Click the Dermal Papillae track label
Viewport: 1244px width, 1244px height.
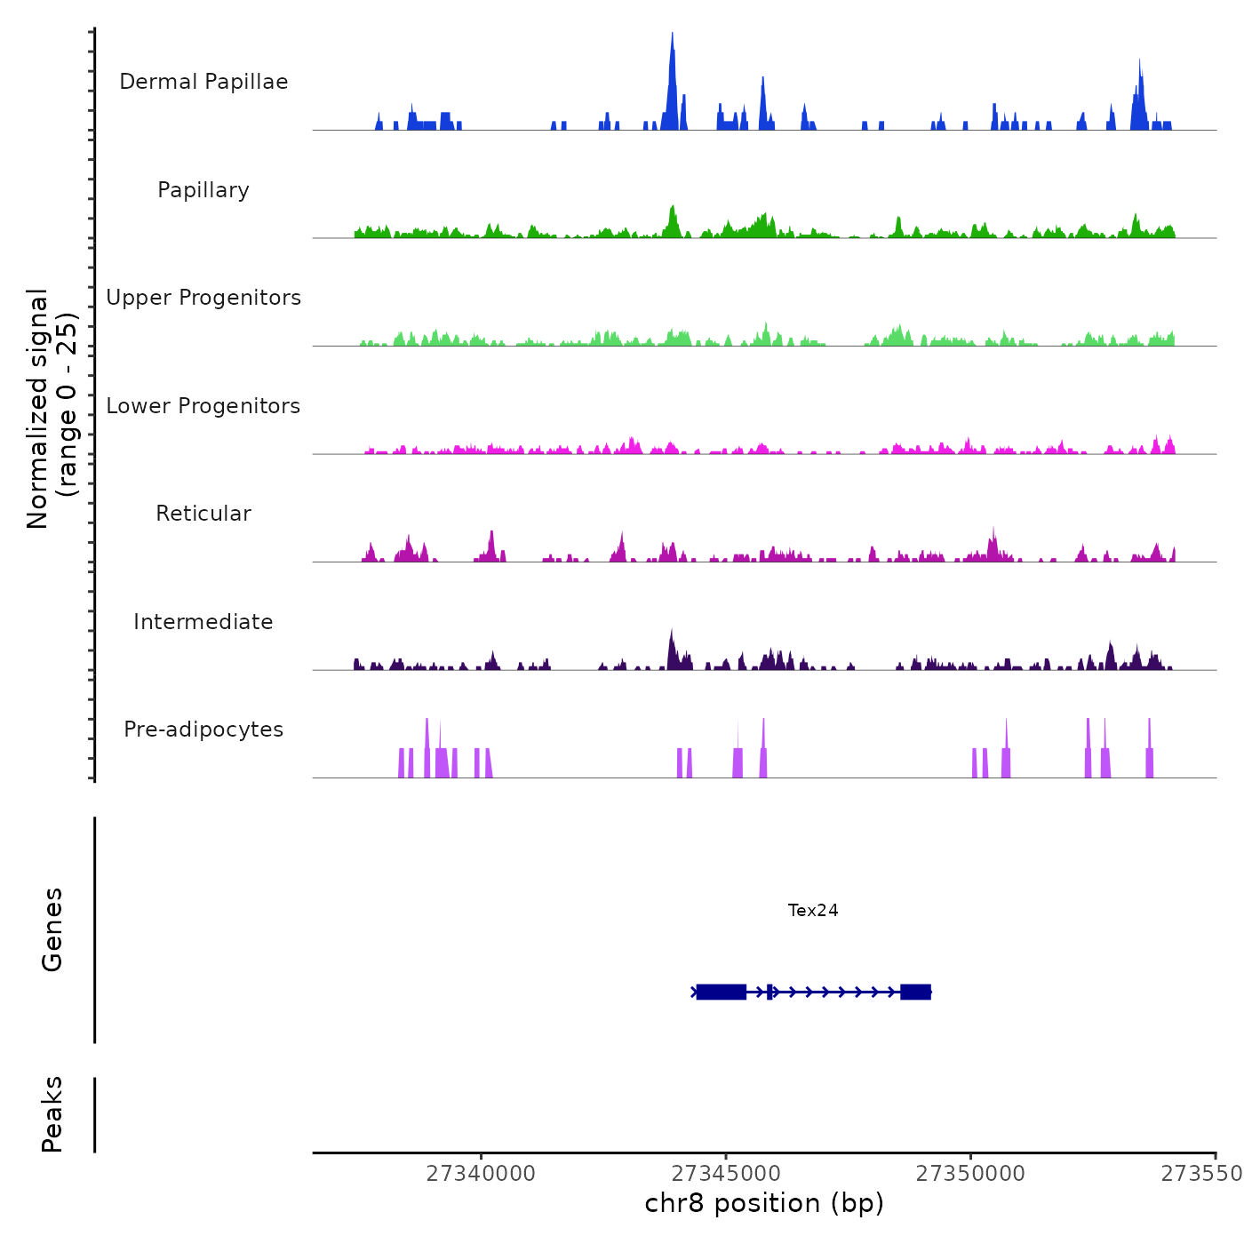tap(203, 82)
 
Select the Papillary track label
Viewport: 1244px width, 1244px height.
tap(203, 190)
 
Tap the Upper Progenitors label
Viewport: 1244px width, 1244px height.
tap(203, 298)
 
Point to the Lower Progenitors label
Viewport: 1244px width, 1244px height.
tap(203, 406)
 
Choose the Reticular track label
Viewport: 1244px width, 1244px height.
tap(203, 514)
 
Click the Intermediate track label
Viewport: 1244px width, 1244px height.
tap(203, 622)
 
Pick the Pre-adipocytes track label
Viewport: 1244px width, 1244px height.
tap(203, 730)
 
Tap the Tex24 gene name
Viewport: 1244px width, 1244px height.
tap(813, 910)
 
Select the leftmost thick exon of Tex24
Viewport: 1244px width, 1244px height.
tap(721, 992)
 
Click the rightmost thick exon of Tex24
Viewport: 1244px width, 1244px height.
tap(915, 992)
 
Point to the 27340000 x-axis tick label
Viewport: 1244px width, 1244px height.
tap(481, 1174)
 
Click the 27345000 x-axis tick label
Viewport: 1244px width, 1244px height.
tap(726, 1174)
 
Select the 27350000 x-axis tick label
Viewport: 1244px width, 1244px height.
tap(970, 1174)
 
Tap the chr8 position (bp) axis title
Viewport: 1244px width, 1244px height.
tap(764, 1203)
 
